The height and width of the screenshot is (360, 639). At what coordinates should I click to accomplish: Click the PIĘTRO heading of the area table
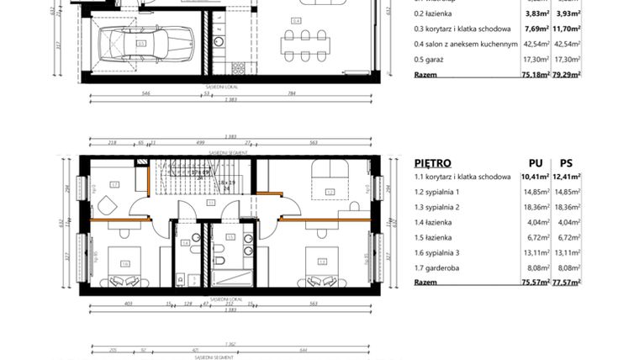coord(433,163)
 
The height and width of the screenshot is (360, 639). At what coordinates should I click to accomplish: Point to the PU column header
coord(535,163)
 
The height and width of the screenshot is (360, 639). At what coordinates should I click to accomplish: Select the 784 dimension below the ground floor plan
coord(291,93)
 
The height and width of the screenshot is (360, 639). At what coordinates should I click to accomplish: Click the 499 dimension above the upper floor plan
coord(200,144)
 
